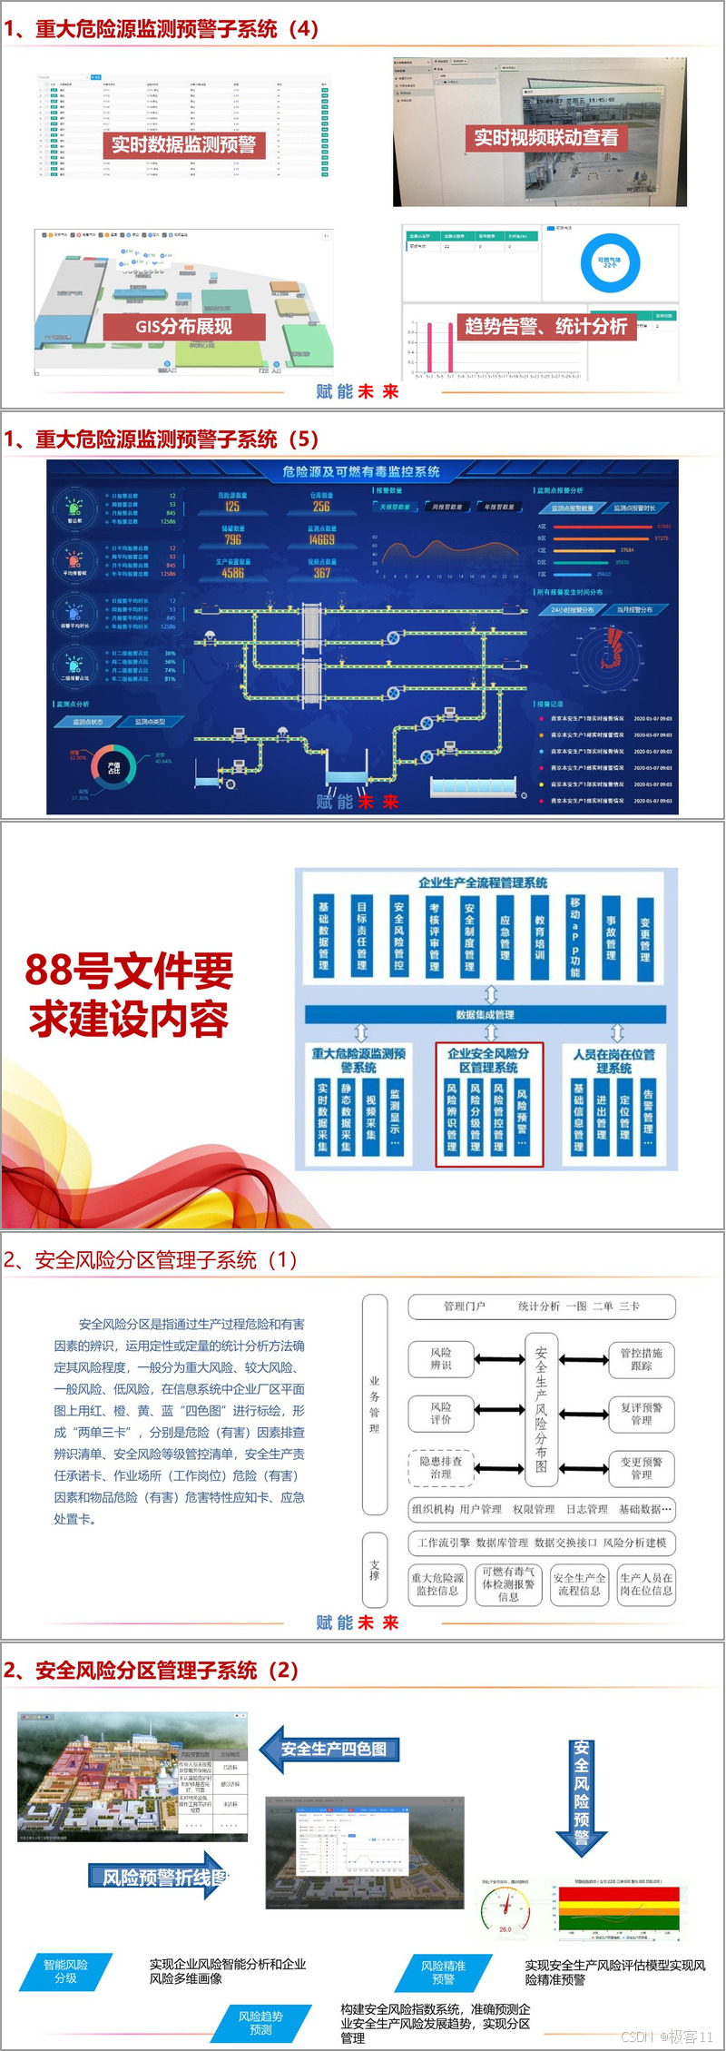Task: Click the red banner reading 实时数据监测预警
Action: tap(183, 144)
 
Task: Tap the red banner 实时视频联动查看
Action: tap(546, 137)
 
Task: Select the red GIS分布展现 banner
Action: tap(184, 326)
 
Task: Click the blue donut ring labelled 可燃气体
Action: tap(610, 263)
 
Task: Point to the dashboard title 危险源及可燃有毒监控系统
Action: tap(361, 472)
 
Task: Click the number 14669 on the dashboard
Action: tap(321, 539)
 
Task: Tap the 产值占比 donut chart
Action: tap(113, 767)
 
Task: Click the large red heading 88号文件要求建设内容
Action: tap(128, 994)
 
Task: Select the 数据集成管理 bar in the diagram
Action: tap(486, 1014)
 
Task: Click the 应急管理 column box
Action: tap(505, 937)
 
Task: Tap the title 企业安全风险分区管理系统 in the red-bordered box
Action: tap(488, 1060)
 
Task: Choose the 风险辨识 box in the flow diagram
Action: tap(441, 1358)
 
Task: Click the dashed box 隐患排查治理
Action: tap(441, 1467)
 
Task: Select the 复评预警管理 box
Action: tap(642, 1413)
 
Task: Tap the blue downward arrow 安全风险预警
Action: tap(582, 1794)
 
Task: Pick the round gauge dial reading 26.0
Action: tap(505, 1913)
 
